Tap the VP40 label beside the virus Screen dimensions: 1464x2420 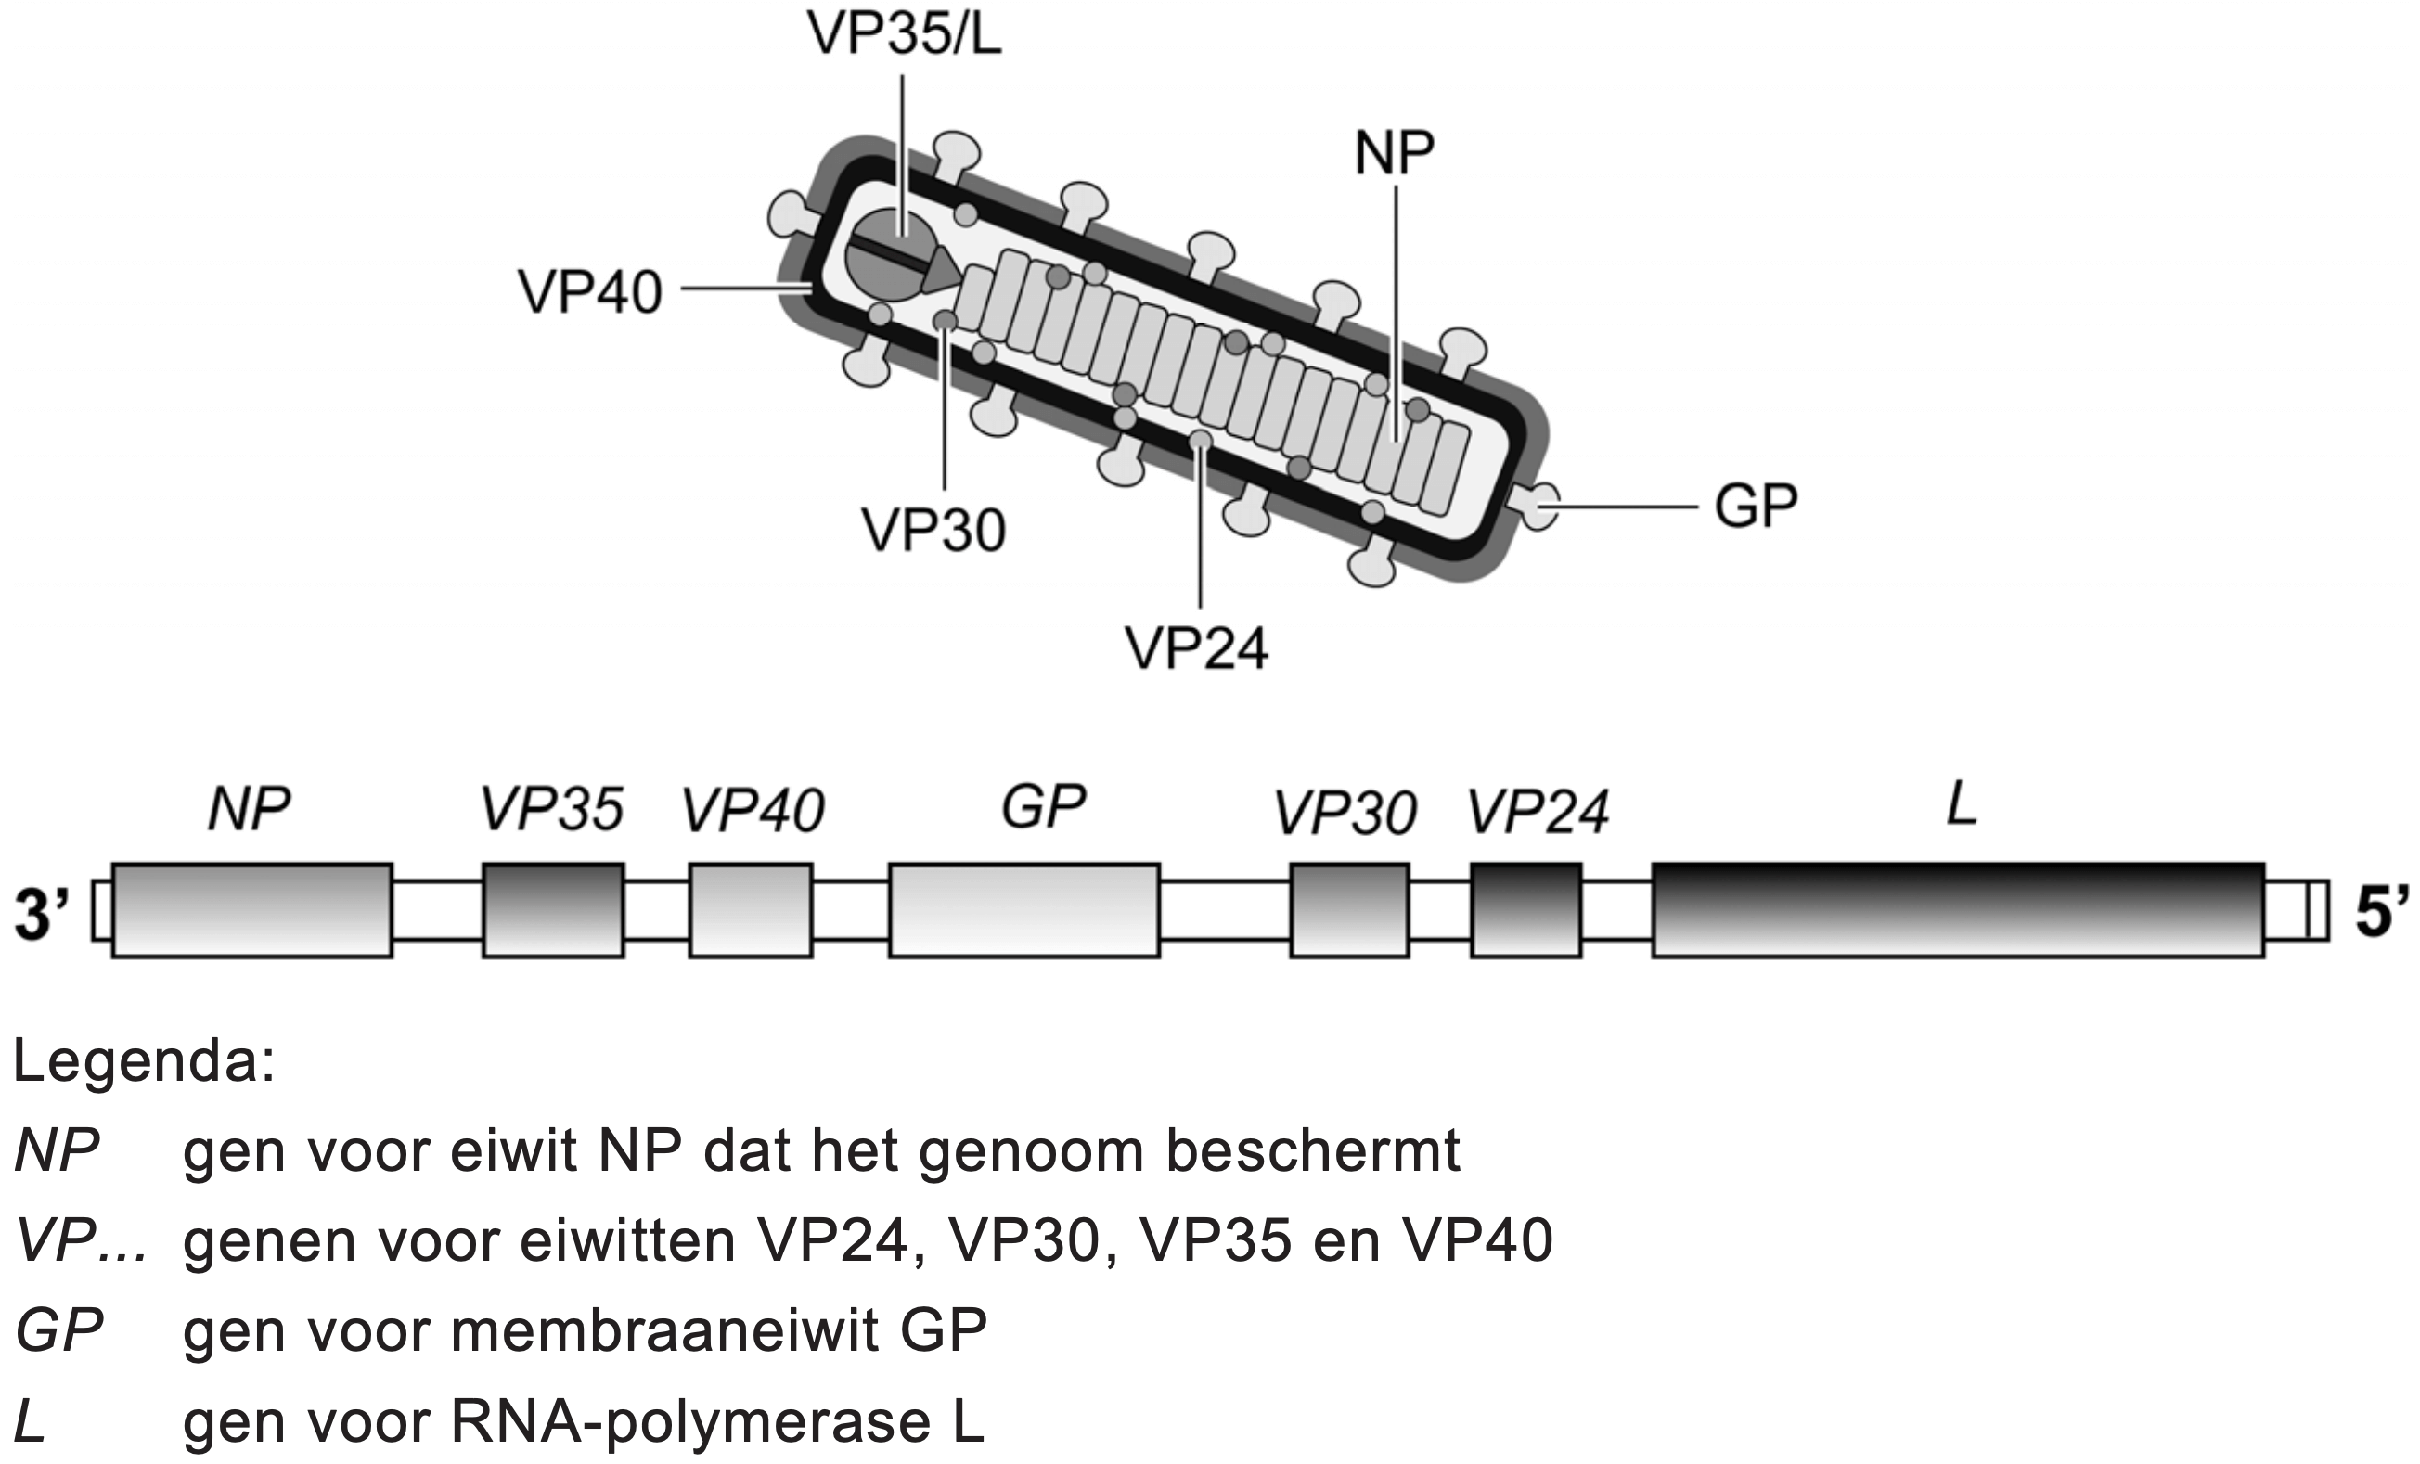(x=589, y=292)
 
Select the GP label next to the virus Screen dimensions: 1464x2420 (x=1755, y=507)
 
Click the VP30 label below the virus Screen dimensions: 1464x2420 (x=933, y=532)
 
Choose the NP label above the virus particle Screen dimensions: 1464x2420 (x=1394, y=153)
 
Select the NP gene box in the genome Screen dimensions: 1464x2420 (x=251, y=909)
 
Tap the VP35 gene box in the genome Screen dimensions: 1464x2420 (x=553, y=909)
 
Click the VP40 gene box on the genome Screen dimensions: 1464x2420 (x=751, y=909)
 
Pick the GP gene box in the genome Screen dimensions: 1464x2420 (x=1024, y=909)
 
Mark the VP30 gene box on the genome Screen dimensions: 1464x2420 (x=1348, y=909)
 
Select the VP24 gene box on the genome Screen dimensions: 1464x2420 (x=1525, y=909)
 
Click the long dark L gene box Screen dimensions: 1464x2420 (x=1957, y=909)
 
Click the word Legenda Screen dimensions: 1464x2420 (x=144, y=1063)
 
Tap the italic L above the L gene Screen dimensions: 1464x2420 (x=1962, y=808)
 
